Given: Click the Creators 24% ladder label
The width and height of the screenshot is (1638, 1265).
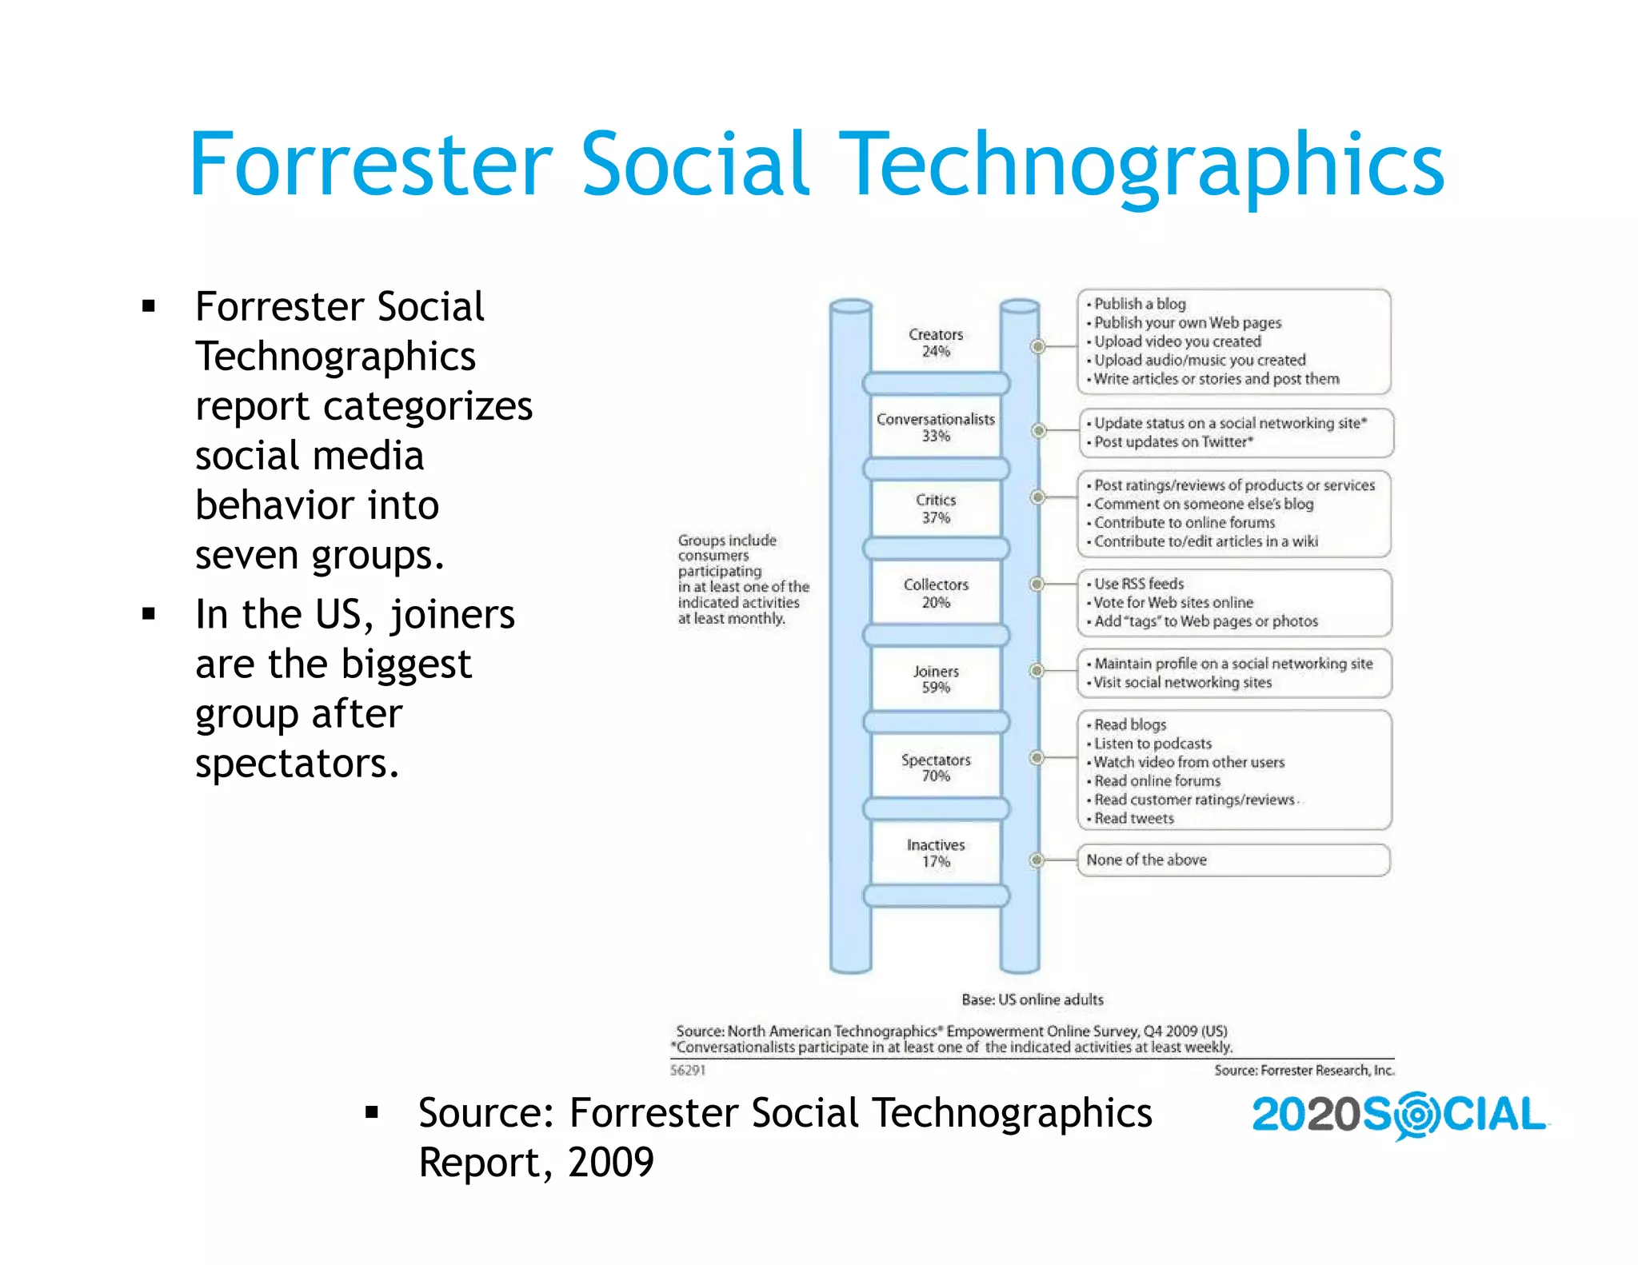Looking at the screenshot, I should pos(936,343).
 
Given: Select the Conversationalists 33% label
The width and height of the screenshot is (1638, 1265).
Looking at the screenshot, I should pos(936,428).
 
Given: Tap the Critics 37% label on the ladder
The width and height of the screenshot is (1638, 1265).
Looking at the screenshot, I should pos(936,509).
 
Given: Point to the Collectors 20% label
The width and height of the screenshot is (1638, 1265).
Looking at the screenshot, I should pos(936,593).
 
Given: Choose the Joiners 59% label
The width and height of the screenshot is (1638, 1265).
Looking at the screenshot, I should pos(936,680).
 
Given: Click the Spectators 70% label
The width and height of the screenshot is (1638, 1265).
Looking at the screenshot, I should pos(936,768).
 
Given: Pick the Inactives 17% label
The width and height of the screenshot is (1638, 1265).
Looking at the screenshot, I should pos(936,853).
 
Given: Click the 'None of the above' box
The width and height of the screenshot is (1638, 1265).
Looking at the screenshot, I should pos(1233,860).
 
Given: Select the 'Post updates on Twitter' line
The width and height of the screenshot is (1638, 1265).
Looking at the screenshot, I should pos(1173,442).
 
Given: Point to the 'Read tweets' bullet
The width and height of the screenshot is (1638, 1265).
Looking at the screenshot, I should pos(1134,819).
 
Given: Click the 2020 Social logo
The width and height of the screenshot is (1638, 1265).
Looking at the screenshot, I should pos(1400,1115).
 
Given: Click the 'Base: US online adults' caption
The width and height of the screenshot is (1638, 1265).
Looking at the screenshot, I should pos(1033,1000).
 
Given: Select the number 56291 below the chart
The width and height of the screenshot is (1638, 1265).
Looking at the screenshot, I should pos(688,1070).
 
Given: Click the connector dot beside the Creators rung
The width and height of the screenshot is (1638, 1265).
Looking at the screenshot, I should pos(1038,346).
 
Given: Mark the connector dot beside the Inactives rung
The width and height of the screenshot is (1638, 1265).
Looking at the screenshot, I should pos(1037,860).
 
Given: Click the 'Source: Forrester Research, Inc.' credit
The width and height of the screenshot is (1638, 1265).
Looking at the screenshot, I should pos(1304,1070).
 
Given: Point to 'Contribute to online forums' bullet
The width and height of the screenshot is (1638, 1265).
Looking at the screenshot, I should pos(1185,523).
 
